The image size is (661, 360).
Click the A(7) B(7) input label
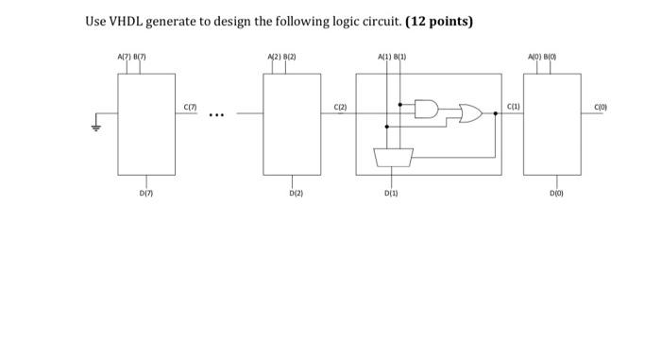pos(131,59)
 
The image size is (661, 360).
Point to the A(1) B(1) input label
pos(391,59)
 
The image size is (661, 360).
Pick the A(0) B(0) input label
pos(550,59)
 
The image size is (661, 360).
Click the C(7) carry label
pos(192,108)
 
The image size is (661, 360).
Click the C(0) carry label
pos(601,108)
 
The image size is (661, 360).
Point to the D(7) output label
pos(144,194)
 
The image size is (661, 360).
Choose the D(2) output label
pos(297,194)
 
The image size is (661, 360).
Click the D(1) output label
pos(391,194)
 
